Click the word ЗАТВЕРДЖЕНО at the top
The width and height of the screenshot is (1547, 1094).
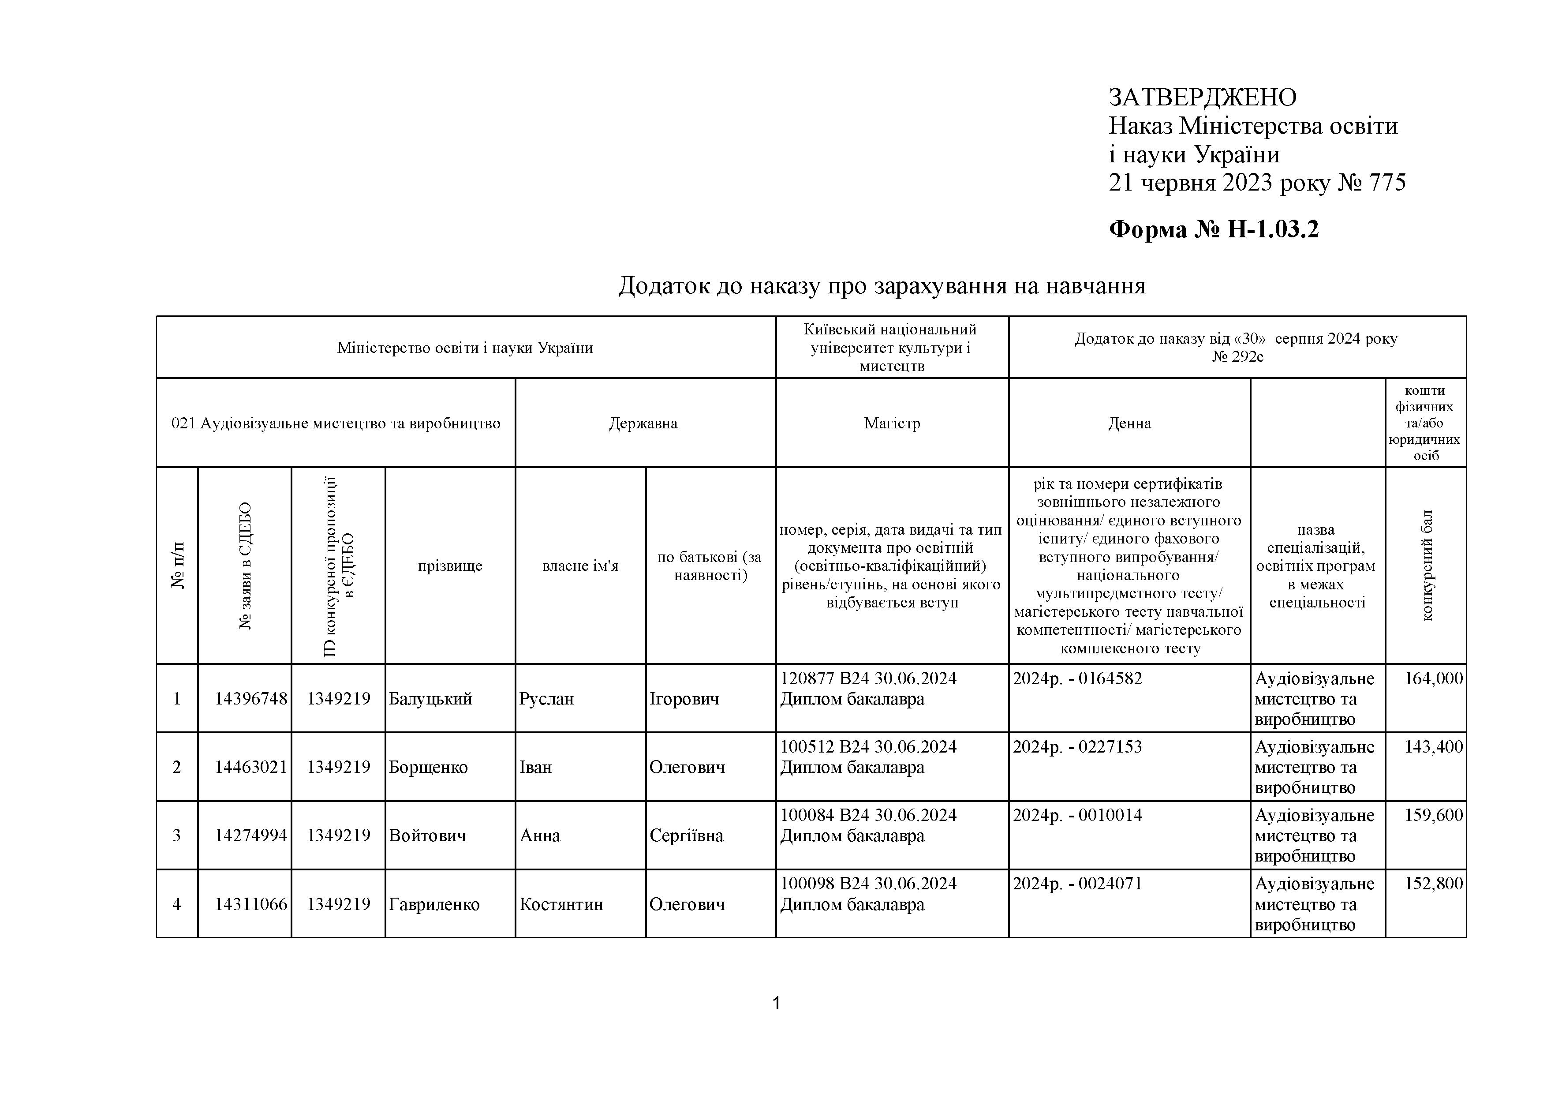coord(1202,98)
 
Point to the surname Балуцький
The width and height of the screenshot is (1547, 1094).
coord(430,699)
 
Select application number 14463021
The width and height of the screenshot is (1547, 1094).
coord(250,767)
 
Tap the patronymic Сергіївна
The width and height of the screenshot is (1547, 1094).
coord(686,836)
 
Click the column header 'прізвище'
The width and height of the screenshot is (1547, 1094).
coord(450,566)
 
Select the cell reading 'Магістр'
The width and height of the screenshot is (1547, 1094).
coord(892,423)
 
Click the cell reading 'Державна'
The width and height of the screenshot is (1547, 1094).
coord(643,423)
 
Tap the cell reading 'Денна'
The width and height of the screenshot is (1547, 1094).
coord(1129,423)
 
